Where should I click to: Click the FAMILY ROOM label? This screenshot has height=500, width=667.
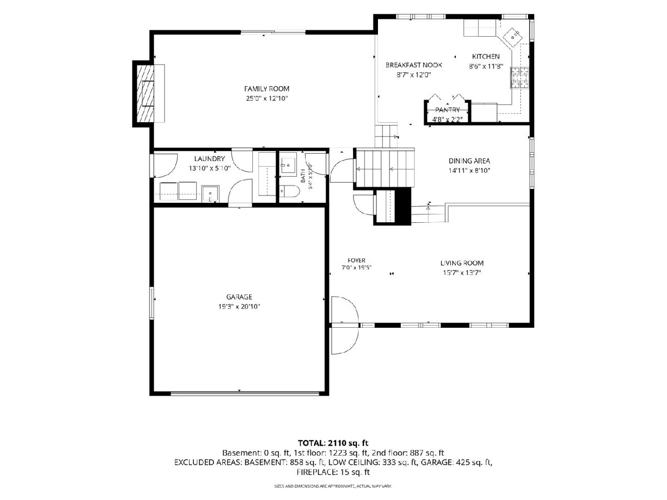pyautogui.click(x=266, y=89)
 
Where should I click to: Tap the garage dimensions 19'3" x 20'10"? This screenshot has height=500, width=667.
pyautogui.click(x=239, y=307)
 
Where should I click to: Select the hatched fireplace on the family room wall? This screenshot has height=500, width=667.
pyautogui.click(x=145, y=94)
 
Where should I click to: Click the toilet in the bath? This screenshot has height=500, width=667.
pyautogui.click(x=289, y=191)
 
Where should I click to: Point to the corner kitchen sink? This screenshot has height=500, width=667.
pyautogui.click(x=513, y=37)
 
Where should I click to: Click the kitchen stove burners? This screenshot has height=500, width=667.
pyautogui.click(x=520, y=78)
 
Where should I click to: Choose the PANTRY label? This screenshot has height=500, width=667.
pyautogui.click(x=447, y=109)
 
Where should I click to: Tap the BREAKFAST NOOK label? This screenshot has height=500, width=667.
pyautogui.click(x=414, y=65)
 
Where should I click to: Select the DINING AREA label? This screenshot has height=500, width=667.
pyautogui.click(x=469, y=161)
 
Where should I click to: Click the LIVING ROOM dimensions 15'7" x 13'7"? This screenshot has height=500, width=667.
pyautogui.click(x=462, y=273)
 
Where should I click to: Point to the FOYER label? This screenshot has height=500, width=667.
pyautogui.click(x=356, y=260)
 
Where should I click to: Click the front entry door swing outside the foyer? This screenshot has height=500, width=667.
pyautogui.click(x=344, y=339)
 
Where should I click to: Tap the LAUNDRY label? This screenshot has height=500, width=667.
pyautogui.click(x=210, y=158)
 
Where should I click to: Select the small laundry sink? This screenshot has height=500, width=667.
pyautogui.click(x=210, y=194)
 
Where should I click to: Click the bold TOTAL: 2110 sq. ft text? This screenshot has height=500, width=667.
pyautogui.click(x=333, y=443)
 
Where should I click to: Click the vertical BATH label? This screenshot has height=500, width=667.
pyautogui.click(x=303, y=177)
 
